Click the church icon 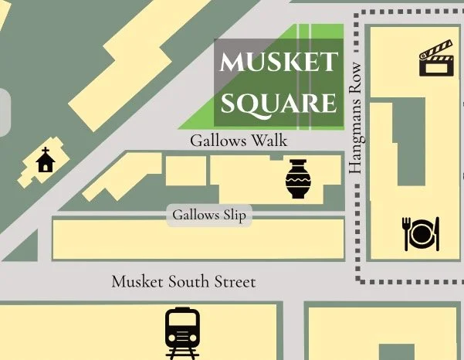[x=46, y=160]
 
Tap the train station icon [x=182, y=332]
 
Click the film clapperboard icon [x=434, y=60]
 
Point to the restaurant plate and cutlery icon [x=421, y=233]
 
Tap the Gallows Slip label [x=209, y=215]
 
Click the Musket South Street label [x=183, y=282]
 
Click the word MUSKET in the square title [x=279, y=62]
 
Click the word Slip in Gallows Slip [x=234, y=215]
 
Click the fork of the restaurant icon [x=406, y=233]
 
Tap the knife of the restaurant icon [x=436, y=233]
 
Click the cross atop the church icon [x=46, y=151]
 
